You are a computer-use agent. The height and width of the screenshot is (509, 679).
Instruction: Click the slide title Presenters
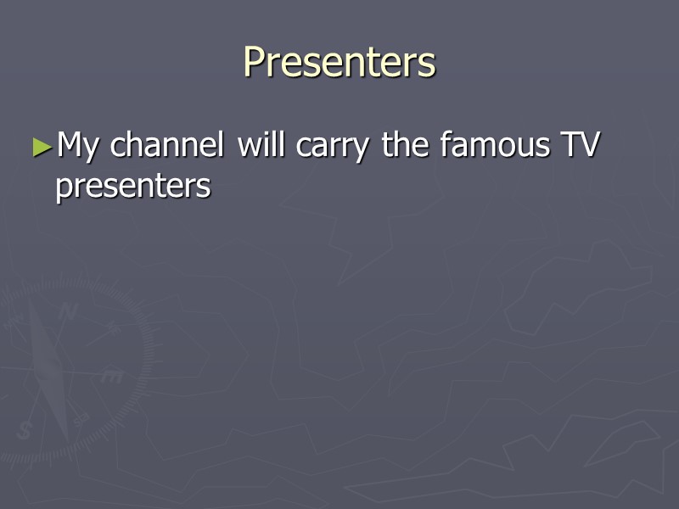(x=339, y=62)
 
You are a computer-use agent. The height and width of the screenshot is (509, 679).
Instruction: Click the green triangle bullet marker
(x=42, y=146)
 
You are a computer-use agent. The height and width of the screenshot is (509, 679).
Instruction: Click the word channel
(x=168, y=146)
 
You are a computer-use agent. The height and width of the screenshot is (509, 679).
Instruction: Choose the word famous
(x=495, y=145)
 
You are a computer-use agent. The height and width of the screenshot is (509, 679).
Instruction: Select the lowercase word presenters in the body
(x=132, y=187)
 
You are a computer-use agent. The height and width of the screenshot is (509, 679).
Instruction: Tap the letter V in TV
(x=590, y=145)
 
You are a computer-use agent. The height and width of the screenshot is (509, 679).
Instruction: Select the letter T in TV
(x=567, y=145)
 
